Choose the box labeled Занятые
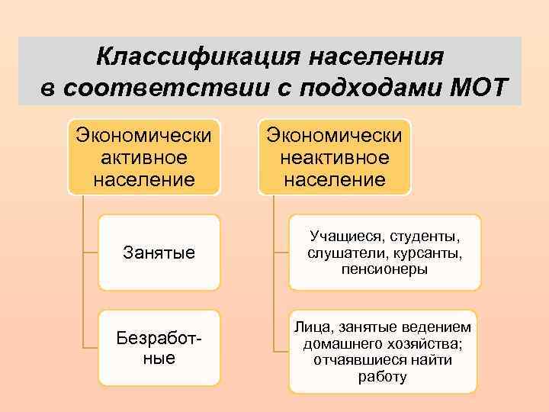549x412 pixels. click(159, 252)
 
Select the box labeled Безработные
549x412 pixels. click(159, 347)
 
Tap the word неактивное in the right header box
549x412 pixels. click(334, 159)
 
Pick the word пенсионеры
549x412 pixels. click(385, 269)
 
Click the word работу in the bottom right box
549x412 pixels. click(384, 377)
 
